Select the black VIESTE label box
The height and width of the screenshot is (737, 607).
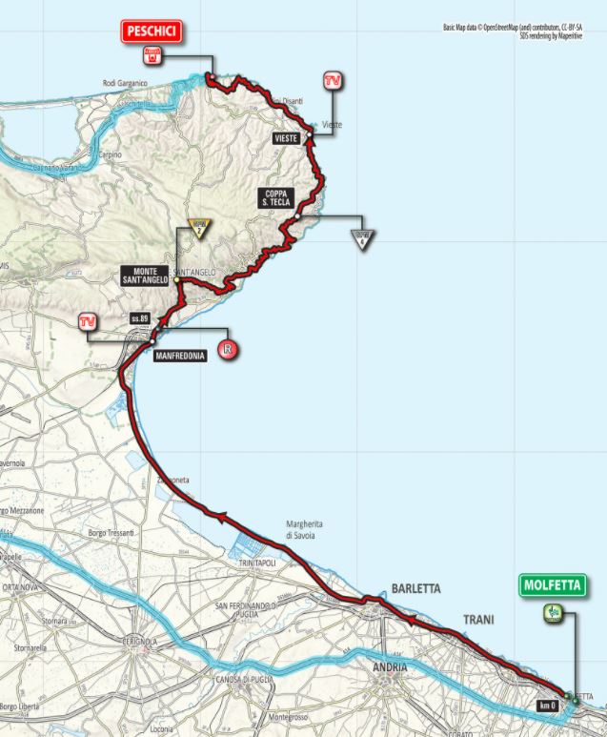(286, 139)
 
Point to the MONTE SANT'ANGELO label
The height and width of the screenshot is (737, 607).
(145, 276)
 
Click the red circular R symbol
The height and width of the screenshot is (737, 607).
(227, 349)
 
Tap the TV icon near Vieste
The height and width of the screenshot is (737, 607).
(333, 81)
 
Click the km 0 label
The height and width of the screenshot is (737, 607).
(545, 705)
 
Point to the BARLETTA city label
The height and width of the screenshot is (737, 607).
(412, 588)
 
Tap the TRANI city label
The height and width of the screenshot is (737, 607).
(477, 621)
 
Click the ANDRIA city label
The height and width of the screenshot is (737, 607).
(392, 665)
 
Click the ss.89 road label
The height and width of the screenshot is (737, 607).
(140, 317)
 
